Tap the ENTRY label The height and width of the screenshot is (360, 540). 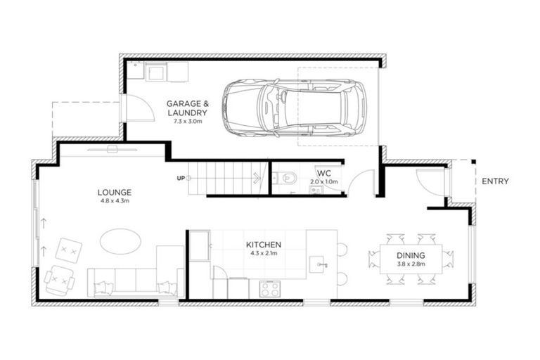click(x=495, y=181)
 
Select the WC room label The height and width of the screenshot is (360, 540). click(x=323, y=173)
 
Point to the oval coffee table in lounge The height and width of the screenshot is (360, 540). click(x=120, y=241)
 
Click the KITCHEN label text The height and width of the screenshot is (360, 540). click(x=264, y=245)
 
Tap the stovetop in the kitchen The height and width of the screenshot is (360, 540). click(x=270, y=288)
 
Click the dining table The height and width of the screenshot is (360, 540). click(x=411, y=260)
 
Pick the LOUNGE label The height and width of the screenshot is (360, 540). click(x=115, y=192)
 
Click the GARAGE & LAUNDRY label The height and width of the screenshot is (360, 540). click(x=187, y=108)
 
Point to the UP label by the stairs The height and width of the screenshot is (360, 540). click(x=181, y=178)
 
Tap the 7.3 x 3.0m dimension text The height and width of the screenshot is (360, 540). click(x=187, y=122)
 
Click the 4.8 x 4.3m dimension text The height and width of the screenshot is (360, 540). click(x=115, y=202)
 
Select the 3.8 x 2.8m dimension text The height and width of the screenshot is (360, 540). click(x=411, y=265)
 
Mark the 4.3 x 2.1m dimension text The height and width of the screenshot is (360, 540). click(x=264, y=254)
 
